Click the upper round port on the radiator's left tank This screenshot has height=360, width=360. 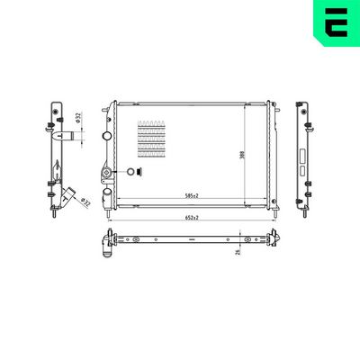click(106, 138)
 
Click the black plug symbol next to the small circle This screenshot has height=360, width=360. click(139, 173)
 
